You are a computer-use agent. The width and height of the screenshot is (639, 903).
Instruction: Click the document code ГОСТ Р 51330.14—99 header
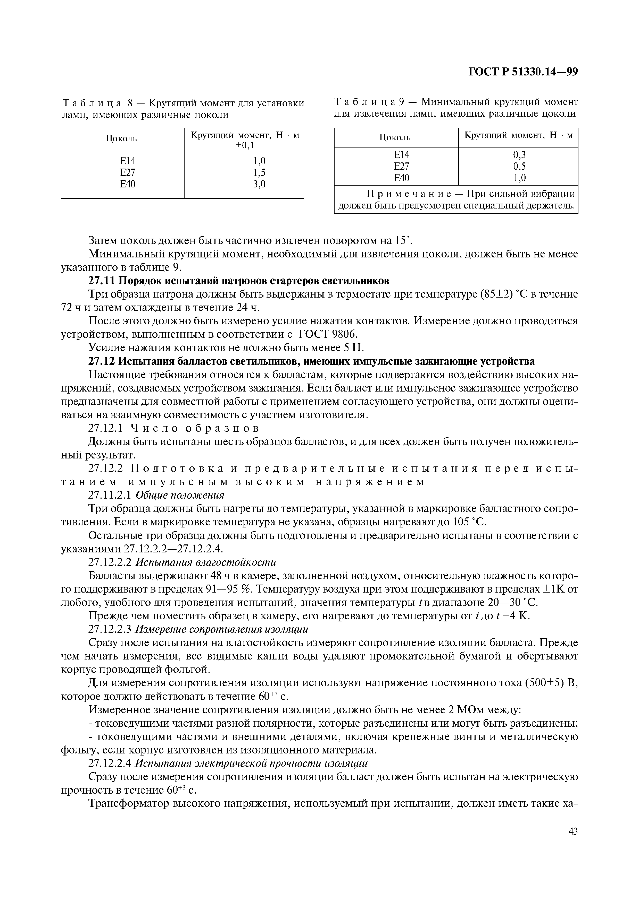(523, 72)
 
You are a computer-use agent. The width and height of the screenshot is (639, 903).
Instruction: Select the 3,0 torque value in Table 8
(259, 184)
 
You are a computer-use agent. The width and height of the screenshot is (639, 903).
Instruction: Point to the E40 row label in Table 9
(402, 178)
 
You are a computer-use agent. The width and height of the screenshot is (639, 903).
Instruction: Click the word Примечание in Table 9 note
(414, 194)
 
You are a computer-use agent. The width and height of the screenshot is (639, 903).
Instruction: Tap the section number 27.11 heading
(102, 281)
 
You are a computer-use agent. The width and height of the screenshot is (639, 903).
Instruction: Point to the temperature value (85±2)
(501, 294)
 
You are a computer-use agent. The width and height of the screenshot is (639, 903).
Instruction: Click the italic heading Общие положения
(180, 495)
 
